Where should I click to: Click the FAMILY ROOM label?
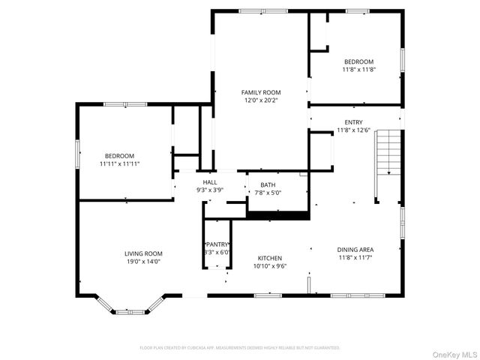click(x=260, y=92)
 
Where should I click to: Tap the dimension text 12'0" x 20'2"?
click(x=260, y=100)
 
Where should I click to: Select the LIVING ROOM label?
click(x=143, y=253)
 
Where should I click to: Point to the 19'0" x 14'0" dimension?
click(x=143, y=261)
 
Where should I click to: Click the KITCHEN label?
click(x=270, y=258)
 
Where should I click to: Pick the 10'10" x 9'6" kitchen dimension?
click(x=270, y=265)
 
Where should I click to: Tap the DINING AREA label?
click(x=355, y=250)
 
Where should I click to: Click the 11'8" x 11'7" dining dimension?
click(x=355, y=257)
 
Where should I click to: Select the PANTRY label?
click(x=217, y=244)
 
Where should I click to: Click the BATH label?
click(x=268, y=184)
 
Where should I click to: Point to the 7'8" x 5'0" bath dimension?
click(x=268, y=192)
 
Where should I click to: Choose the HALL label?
click(x=210, y=182)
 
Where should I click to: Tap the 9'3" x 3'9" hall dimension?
click(x=210, y=190)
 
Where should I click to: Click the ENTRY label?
click(x=353, y=122)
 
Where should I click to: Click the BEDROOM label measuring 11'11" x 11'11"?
click(x=120, y=156)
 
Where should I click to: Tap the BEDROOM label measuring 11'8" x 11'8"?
click(x=358, y=61)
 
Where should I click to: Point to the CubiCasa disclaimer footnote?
click(x=240, y=348)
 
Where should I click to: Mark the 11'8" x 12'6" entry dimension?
click(x=353, y=130)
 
